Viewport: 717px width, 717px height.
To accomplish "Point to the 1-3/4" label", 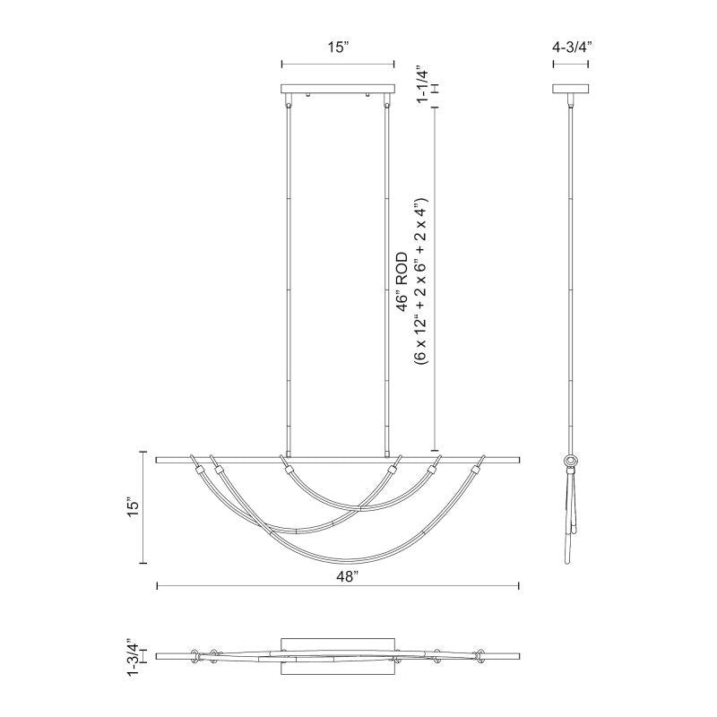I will tap(133, 656).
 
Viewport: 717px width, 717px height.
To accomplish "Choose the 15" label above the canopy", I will tap(337, 48).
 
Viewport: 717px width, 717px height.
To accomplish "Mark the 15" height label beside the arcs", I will tap(133, 507).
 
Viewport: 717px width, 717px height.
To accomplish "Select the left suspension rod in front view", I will tap(289, 278).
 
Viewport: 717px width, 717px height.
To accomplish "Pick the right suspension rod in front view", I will tap(387, 278).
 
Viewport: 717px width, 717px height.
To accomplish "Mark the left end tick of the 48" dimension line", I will tap(158, 586).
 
